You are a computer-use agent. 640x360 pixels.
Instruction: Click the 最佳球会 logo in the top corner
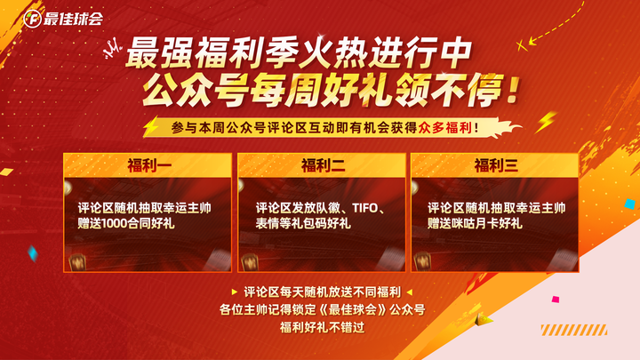click(63, 19)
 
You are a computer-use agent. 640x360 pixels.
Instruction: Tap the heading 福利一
click(149, 165)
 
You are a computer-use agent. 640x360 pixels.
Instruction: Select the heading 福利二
click(323, 165)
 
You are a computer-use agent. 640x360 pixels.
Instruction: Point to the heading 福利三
click(496, 165)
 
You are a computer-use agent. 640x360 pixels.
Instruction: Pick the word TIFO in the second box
click(365, 208)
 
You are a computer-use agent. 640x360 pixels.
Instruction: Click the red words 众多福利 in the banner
click(445, 128)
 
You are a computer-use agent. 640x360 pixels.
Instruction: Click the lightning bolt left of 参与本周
click(151, 126)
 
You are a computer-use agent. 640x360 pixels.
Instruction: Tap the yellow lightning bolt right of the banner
click(546, 122)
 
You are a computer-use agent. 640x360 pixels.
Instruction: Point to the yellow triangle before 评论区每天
click(235, 292)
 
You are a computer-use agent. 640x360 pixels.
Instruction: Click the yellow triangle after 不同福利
click(410, 292)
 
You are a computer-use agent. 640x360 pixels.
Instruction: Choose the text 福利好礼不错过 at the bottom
click(322, 327)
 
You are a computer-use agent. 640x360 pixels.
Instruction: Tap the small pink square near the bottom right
click(556, 300)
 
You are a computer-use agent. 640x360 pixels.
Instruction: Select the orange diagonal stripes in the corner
click(574, 330)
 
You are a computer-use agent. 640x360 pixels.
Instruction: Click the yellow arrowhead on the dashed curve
click(532, 41)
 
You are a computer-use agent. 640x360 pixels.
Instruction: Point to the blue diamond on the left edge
click(33, 253)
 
